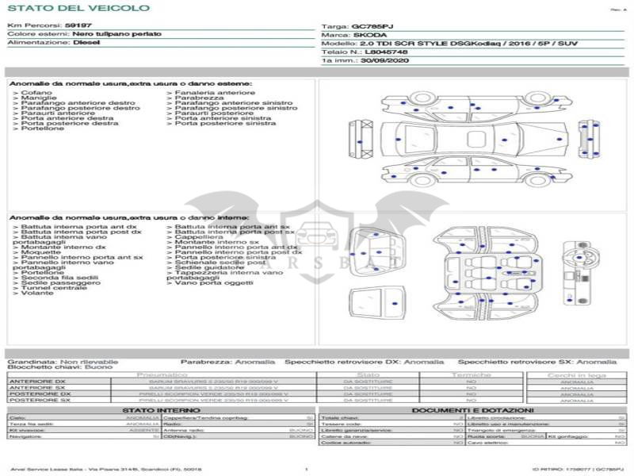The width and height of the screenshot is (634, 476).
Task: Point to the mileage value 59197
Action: (x=78, y=26)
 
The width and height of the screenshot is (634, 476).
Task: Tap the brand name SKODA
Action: (x=369, y=35)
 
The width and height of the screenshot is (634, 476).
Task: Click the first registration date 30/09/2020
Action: (x=385, y=60)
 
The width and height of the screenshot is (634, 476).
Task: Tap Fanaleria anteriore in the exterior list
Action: (x=204, y=93)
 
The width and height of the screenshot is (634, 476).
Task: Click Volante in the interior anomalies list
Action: (x=38, y=294)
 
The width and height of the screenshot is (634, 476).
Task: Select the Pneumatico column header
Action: (x=162, y=374)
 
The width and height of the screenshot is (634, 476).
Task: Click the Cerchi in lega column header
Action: (x=576, y=375)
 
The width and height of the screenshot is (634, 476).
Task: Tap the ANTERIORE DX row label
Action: (x=38, y=382)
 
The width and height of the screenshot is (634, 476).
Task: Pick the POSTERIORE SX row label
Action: (x=40, y=401)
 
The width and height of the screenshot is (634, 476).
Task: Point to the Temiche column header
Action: (x=472, y=374)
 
